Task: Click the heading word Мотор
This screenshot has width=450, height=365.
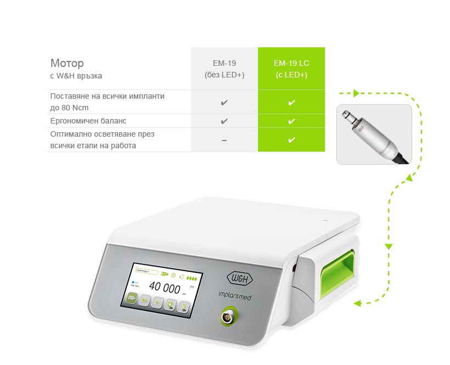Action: [67, 63]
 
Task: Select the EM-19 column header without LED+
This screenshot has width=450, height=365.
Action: [224, 69]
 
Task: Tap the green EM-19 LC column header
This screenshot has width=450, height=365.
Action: [291, 69]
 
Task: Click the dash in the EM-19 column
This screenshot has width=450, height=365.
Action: [224, 141]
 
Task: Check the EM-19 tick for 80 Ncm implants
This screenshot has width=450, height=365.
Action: [224, 102]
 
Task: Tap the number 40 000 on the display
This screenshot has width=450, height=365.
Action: [165, 288]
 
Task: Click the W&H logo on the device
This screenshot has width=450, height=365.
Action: [240, 275]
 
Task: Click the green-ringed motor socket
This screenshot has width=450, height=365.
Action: [227, 317]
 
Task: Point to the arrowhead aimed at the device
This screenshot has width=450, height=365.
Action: [357, 302]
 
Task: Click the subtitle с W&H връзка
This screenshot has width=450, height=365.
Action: [76, 76]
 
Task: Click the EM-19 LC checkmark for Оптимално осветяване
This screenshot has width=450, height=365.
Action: [291, 140]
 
